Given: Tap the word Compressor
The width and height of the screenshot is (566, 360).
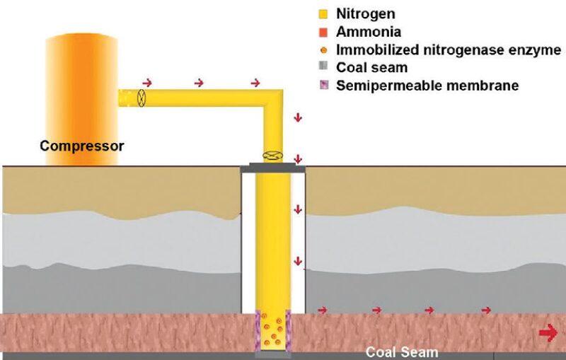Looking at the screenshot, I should point(81,147).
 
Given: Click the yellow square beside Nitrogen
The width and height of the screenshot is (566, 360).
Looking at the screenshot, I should point(323,13).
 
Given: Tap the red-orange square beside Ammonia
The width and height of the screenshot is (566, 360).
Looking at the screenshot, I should point(323,32).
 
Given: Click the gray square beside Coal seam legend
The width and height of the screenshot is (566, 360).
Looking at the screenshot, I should point(323,68).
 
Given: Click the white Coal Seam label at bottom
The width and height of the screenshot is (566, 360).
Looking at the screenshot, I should point(401,352).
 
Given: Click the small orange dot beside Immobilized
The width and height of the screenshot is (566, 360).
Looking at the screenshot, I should point(323,50).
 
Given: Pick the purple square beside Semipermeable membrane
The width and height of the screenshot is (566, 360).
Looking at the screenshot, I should point(323,86).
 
